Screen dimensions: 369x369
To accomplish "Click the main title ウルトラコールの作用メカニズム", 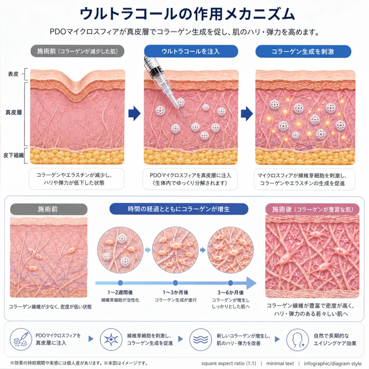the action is pos(187,14).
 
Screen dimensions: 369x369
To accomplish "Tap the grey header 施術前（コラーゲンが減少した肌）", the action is pos(78,51).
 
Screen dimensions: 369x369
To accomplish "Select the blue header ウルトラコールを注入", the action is pos(191,51).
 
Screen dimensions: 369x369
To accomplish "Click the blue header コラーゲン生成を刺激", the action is pos(303,52).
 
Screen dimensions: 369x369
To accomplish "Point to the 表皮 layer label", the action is pos(13,74).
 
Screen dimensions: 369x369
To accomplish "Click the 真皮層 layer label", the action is pos(14,112).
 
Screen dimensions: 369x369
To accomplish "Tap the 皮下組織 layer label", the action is pos(14,155).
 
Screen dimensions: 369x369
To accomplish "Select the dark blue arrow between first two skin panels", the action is pos(134,113).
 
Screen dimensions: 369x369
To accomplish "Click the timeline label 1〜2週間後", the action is pos(120,292).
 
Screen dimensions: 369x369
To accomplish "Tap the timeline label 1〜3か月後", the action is pos(176,292).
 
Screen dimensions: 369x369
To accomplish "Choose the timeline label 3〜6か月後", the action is pos(231,292).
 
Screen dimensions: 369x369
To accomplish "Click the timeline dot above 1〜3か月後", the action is pos(175,283).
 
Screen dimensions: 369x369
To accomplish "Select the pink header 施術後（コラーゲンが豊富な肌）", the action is pos(313,209).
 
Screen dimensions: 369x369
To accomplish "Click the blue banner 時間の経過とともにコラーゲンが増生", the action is pos(179,209).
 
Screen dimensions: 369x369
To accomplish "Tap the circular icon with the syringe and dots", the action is pos(21,339).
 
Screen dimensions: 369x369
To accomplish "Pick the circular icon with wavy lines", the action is pos(201,340).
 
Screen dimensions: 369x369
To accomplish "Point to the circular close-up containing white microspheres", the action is pos(120,250).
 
